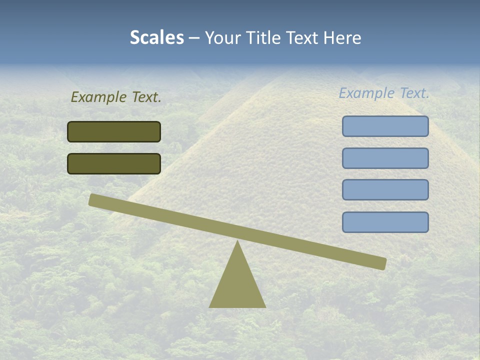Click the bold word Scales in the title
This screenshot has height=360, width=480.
tap(157, 37)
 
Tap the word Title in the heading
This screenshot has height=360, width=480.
tap(264, 37)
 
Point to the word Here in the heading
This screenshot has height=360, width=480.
tap(343, 37)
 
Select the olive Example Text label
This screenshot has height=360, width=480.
tap(116, 97)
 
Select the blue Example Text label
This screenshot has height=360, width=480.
tap(384, 93)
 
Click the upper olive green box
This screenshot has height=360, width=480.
tap(114, 131)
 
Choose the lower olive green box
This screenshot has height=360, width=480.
tap(114, 163)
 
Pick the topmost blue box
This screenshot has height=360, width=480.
tap(385, 126)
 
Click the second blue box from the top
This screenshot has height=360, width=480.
tap(385, 158)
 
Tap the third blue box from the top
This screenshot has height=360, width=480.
tap(385, 190)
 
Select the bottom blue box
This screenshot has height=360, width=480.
tap(385, 222)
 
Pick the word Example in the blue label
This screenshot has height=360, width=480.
tap(367, 93)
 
